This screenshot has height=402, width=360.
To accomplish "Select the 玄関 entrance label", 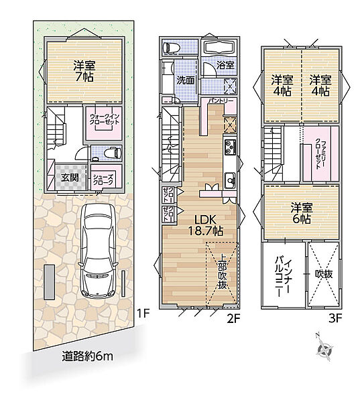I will click(x=70, y=178).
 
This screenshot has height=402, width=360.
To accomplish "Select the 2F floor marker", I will click(x=233, y=319).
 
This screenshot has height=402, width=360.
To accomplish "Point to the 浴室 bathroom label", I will click(x=224, y=66).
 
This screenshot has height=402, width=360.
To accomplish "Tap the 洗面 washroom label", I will click(x=185, y=80).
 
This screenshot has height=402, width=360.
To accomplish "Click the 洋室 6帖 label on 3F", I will click(x=301, y=212).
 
